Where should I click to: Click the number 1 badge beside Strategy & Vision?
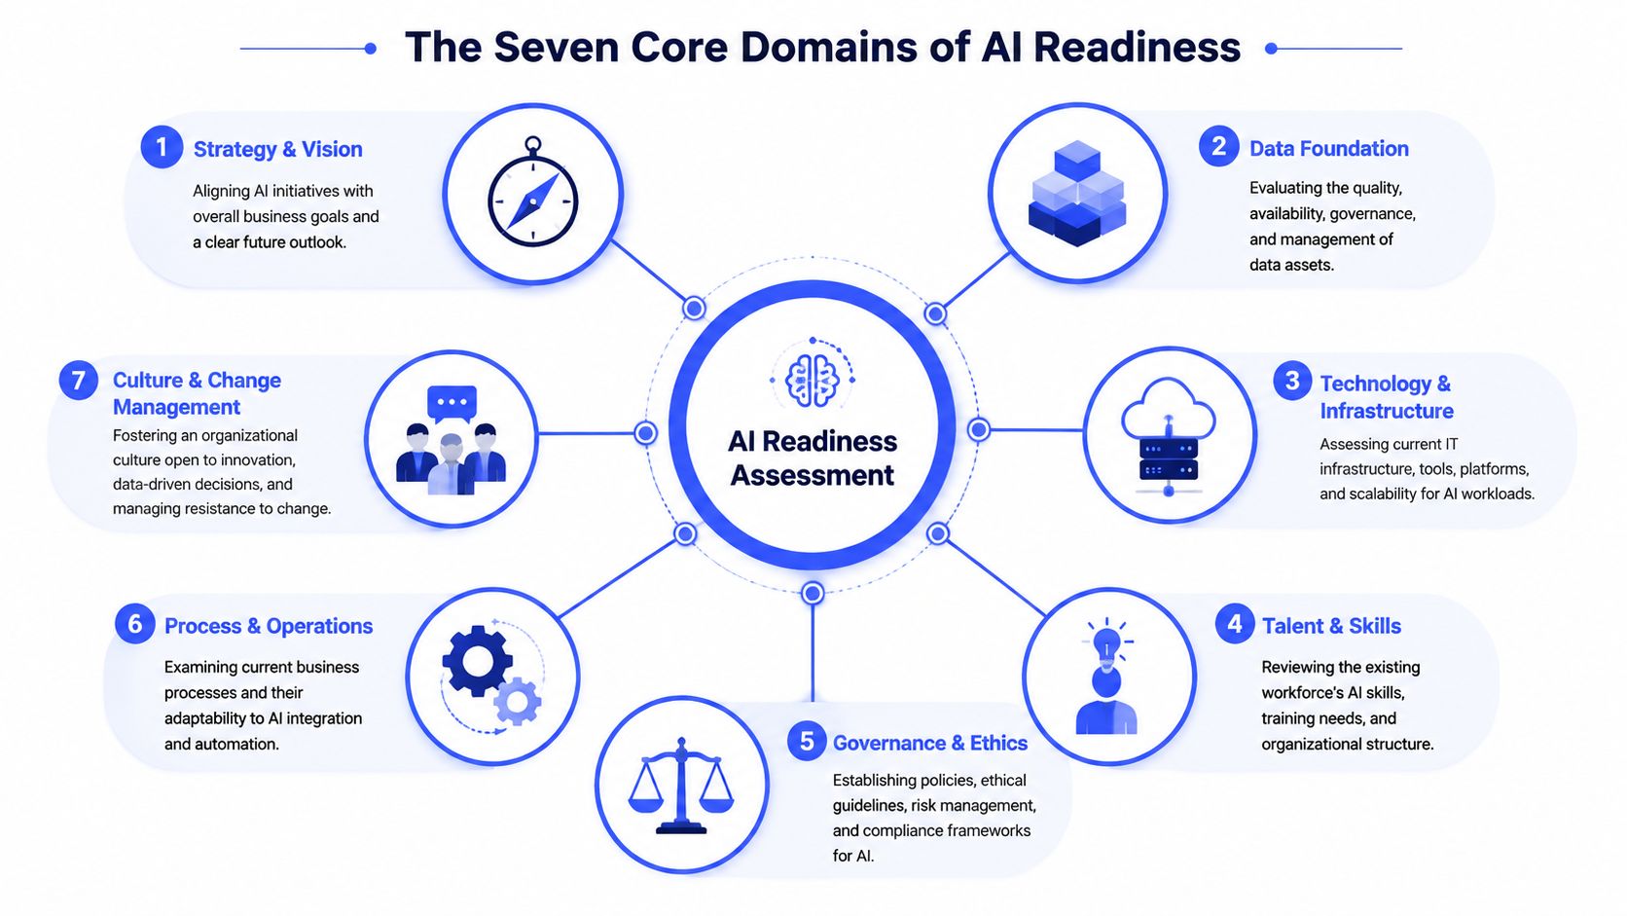coord(162,147)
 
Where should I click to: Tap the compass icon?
coord(533,193)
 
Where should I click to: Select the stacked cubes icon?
coord(1077,193)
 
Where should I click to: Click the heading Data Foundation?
coord(1328,148)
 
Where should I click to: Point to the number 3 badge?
coord(1292,381)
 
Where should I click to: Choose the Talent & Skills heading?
coord(1331,626)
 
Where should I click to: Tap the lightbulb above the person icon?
coord(1107,642)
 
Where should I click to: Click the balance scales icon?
coord(681,786)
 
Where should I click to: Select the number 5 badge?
coord(807,741)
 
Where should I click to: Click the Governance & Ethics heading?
coord(929,743)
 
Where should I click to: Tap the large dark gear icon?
coord(477,660)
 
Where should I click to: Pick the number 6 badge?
coord(135,624)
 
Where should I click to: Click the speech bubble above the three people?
coord(452,403)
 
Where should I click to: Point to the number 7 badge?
coord(79,380)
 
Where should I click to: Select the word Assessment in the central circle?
coord(813,475)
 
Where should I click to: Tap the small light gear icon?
coord(517,702)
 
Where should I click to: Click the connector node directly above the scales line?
coord(813,594)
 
